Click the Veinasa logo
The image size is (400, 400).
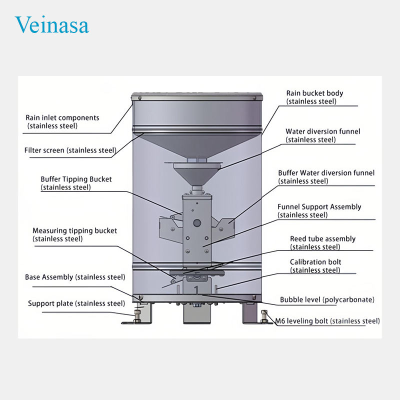click(x=52, y=24)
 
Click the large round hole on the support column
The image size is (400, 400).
click(x=197, y=223)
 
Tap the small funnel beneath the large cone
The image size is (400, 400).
click(x=195, y=174)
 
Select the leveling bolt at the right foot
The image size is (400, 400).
click(x=264, y=316)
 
